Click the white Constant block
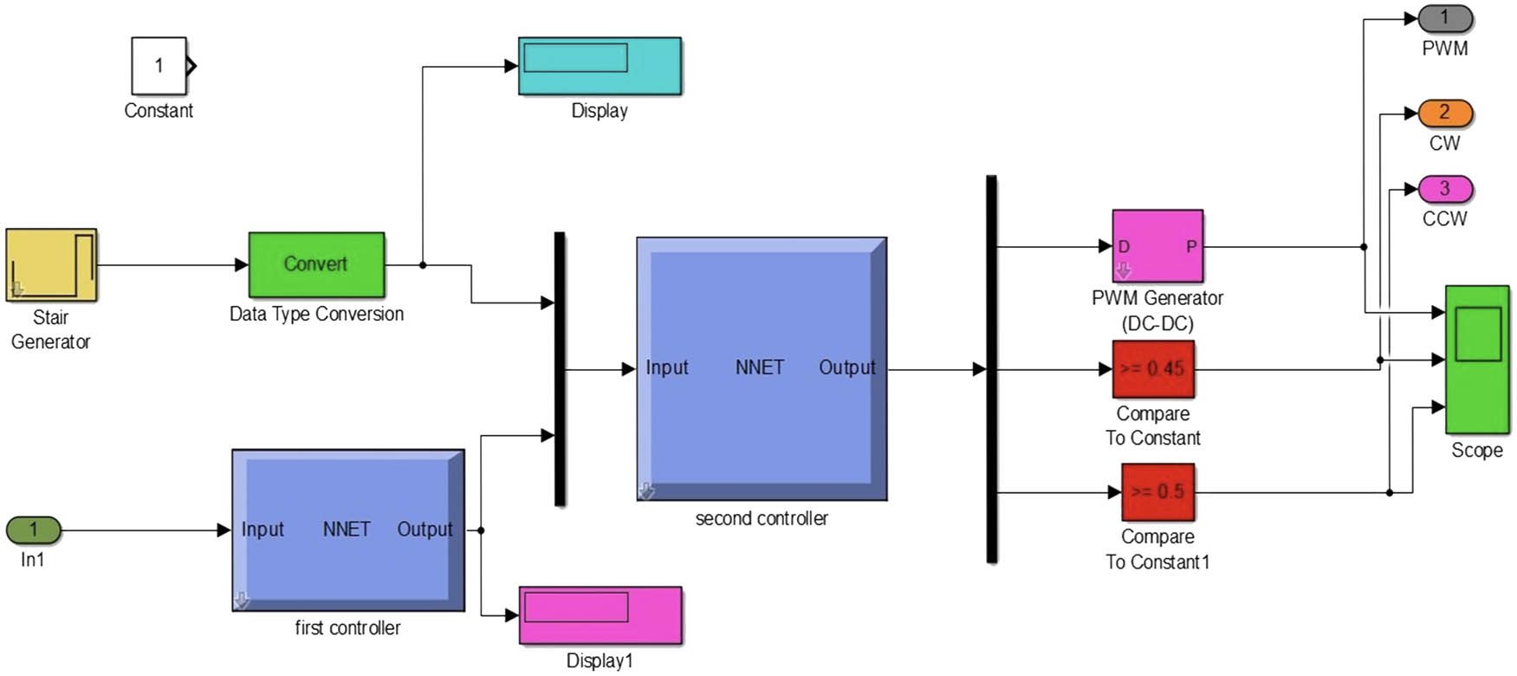point(159,66)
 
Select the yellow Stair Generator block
point(51,264)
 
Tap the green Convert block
point(316,264)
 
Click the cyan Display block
point(600,66)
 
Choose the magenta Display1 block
point(600,615)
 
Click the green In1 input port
point(34,530)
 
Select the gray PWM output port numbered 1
point(1444,17)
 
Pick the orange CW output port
point(1444,113)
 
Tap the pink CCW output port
point(1444,188)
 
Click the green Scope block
point(1477,359)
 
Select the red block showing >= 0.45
point(1153,369)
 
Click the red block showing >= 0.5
point(1157,491)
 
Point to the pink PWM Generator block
point(1157,246)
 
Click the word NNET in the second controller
point(759,367)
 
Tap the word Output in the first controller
point(425,530)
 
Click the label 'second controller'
point(762,518)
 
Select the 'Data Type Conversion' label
point(316,314)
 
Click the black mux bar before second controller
point(560,368)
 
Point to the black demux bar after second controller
point(992,368)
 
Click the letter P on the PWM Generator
point(1191,247)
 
